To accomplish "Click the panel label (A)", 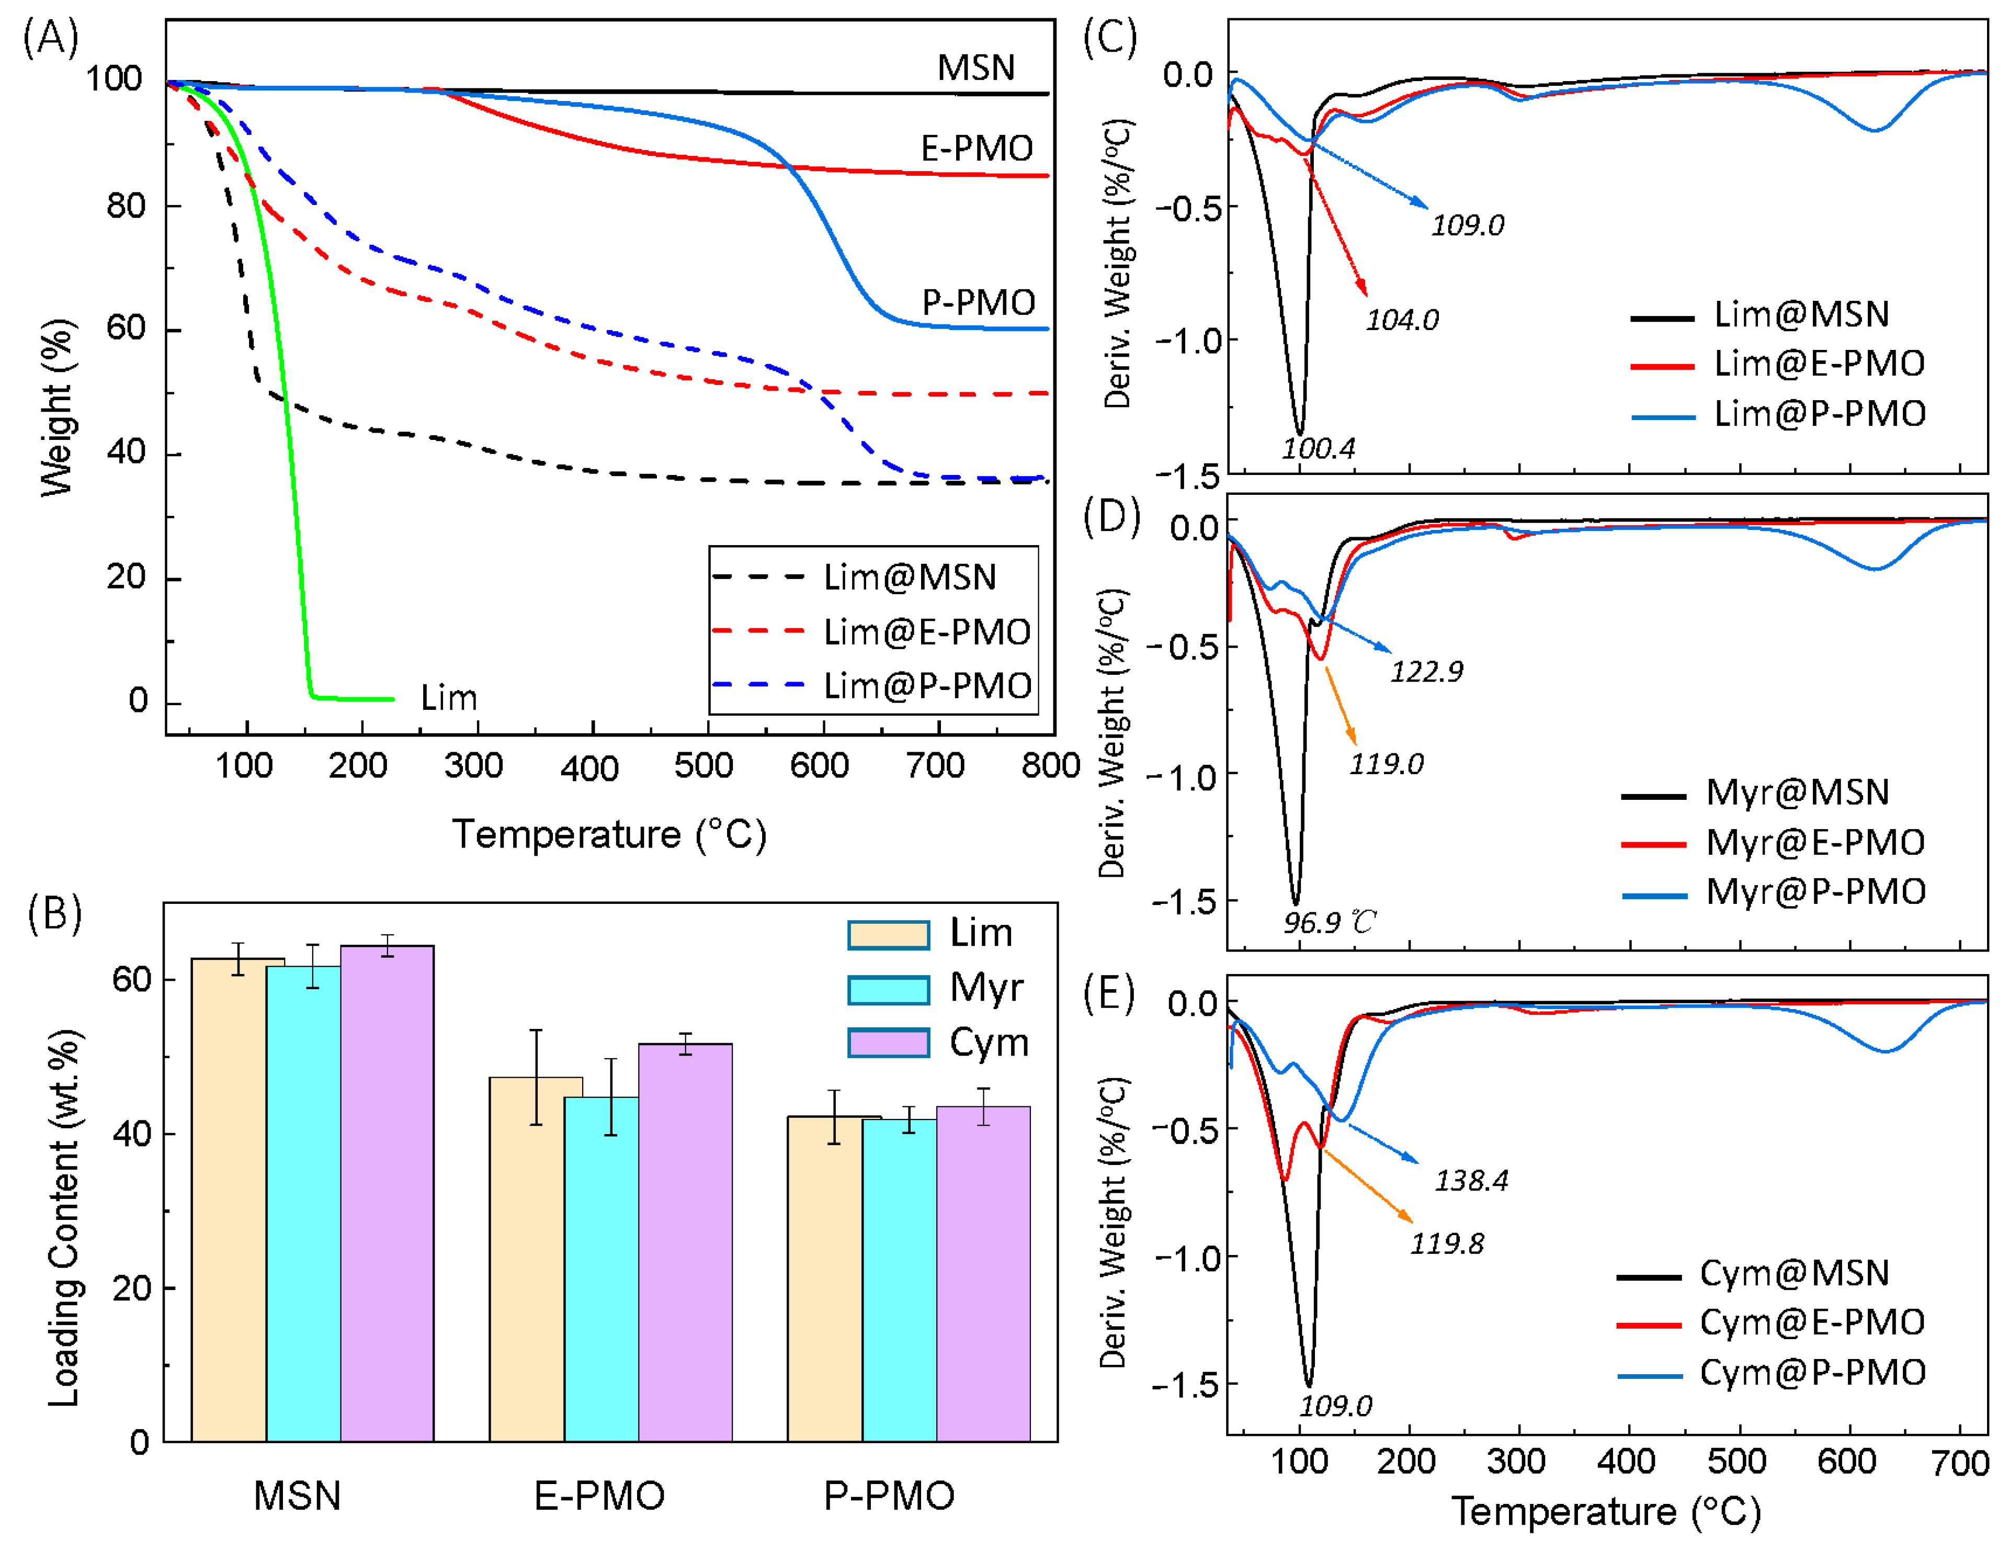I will pyautogui.click(x=51, y=39).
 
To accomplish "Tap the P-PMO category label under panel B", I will pyautogui.click(x=889, y=1497).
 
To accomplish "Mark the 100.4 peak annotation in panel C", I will pyautogui.click(x=1318, y=449).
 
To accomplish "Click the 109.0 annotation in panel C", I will pyautogui.click(x=1467, y=225).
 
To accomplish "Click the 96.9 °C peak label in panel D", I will pyautogui.click(x=1329, y=922).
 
